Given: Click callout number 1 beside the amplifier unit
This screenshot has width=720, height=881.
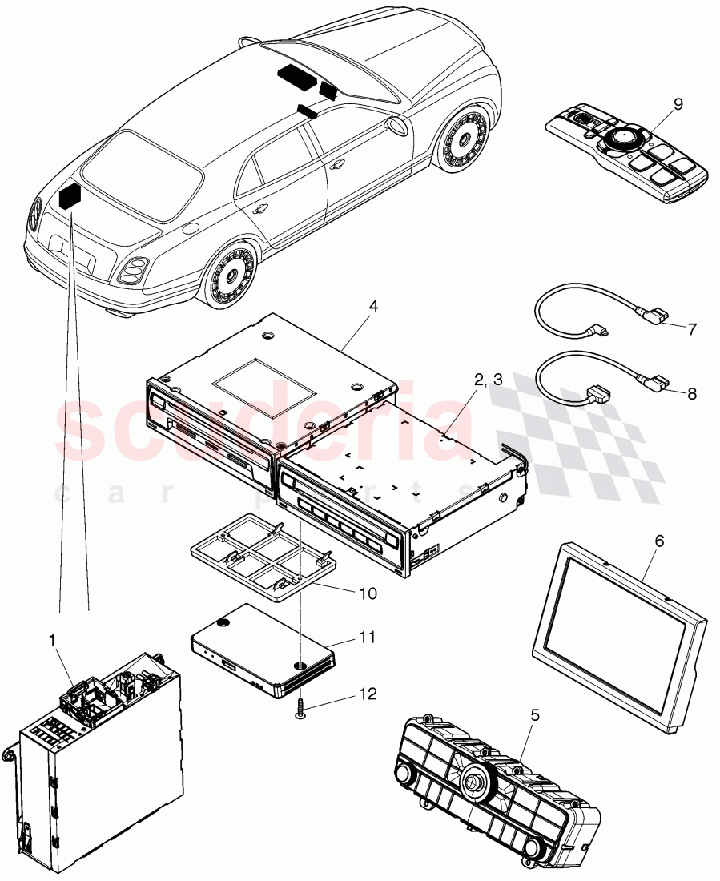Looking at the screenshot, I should tap(52, 641).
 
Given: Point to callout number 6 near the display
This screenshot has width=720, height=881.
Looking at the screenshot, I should tap(659, 542).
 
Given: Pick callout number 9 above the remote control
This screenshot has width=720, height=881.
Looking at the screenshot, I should tap(678, 103).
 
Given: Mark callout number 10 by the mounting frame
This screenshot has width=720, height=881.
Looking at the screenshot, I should tap(367, 593).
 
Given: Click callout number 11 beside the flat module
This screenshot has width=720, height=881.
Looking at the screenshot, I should tap(366, 639).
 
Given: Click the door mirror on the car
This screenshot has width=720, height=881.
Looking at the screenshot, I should tap(398, 125).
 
